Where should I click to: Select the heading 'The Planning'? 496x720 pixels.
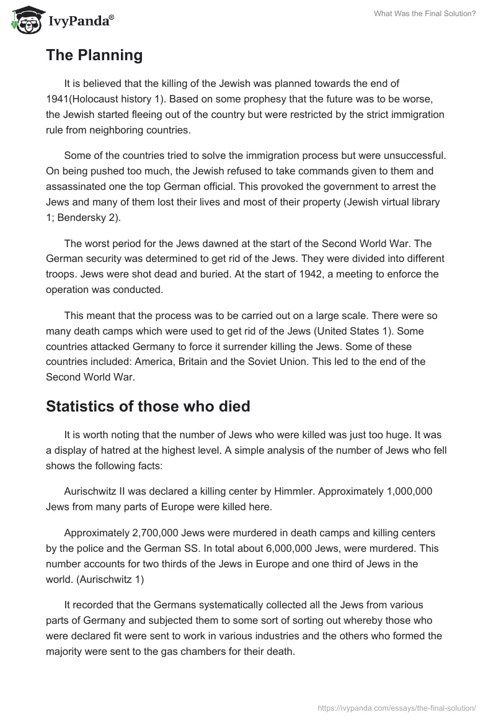click(94, 55)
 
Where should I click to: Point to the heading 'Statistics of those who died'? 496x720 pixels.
click(148, 407)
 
